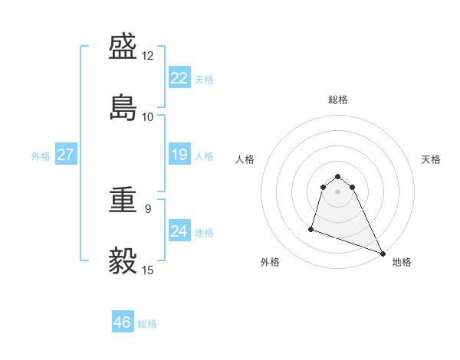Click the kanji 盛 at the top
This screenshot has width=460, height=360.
point(124,48)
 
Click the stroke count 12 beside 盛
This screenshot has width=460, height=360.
point(148,56)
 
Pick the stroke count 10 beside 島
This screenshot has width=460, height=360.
point(148,116)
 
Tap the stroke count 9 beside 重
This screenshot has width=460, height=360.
point(148,208)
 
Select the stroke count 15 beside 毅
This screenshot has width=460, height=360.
point(148,270)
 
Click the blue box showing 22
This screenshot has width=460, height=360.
point(179,78)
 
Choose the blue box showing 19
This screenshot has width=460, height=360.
point(179,155)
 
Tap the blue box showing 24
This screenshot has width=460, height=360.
point(179,231)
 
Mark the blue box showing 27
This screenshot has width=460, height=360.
point(66,155)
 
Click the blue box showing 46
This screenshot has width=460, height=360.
point(123,322)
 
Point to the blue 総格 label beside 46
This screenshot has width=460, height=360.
point(147,324)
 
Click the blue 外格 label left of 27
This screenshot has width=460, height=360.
point(41,156)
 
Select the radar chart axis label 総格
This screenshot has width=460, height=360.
point(338,100)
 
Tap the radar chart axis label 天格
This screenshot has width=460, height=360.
point(431,159)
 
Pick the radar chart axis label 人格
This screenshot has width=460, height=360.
point(245,159)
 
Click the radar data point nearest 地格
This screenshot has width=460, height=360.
point(383,254)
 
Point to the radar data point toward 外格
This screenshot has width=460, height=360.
point(311,228)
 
